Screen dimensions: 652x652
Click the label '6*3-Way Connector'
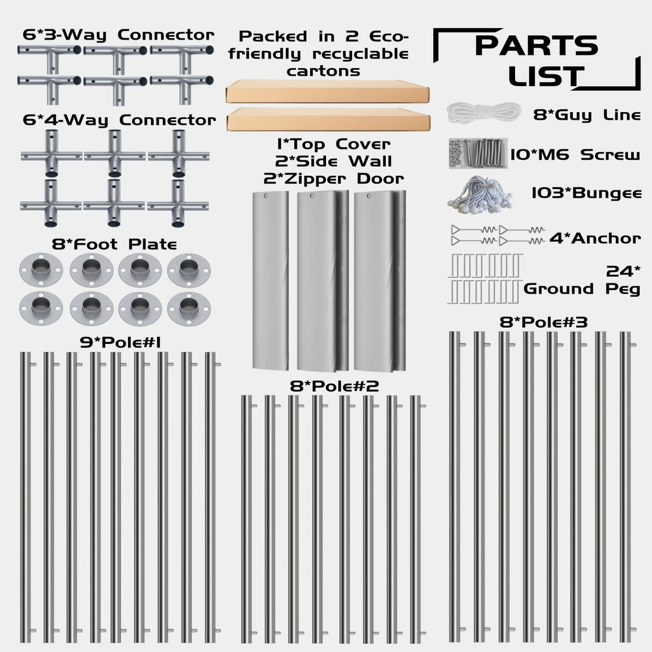pyautogui.click(x=118, y=35)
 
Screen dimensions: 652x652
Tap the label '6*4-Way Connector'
pyautogui.click(x=119, y=120)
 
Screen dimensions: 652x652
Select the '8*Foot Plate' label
pyautogui.click(x=115, y=244)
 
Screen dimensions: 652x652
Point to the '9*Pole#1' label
pyautogui.click(x=120, y=342)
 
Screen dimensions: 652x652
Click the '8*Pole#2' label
pyautogui.click(x=334, y=386)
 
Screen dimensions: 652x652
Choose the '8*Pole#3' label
pyautogui.click(x=544, y=322)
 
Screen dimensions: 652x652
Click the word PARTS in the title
pyautogui.click(x=536, y=45)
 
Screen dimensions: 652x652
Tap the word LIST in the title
pyautogui.click(x=546, y=76)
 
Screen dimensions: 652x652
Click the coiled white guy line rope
pyautogui.click(x=484, y=113)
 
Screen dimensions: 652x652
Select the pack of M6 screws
pyautogui.click(x=478, y=153)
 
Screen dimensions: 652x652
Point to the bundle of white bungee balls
pyautogui.click(x=480, y=192)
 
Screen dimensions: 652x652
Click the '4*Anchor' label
pyautogui.click(x=595, y=238)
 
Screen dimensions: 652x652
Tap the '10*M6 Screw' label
pyautogui.click(x=575, y=155)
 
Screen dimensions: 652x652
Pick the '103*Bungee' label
pyautogui.click(x=586, y=193)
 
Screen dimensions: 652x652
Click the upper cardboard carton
pyautogui.click(x=328, y=91)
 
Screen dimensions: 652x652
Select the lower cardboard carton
pyautogui.click(x=329, y=119)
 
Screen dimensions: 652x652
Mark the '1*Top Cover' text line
pyautogui.click(x=334, y=145)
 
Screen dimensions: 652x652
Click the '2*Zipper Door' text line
pyautogui.click(x=334, y=179)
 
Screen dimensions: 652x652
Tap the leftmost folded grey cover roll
pyautogui.click(x=270, y=281)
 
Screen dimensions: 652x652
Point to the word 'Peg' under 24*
pyautogui.click(x=623, y=288)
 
